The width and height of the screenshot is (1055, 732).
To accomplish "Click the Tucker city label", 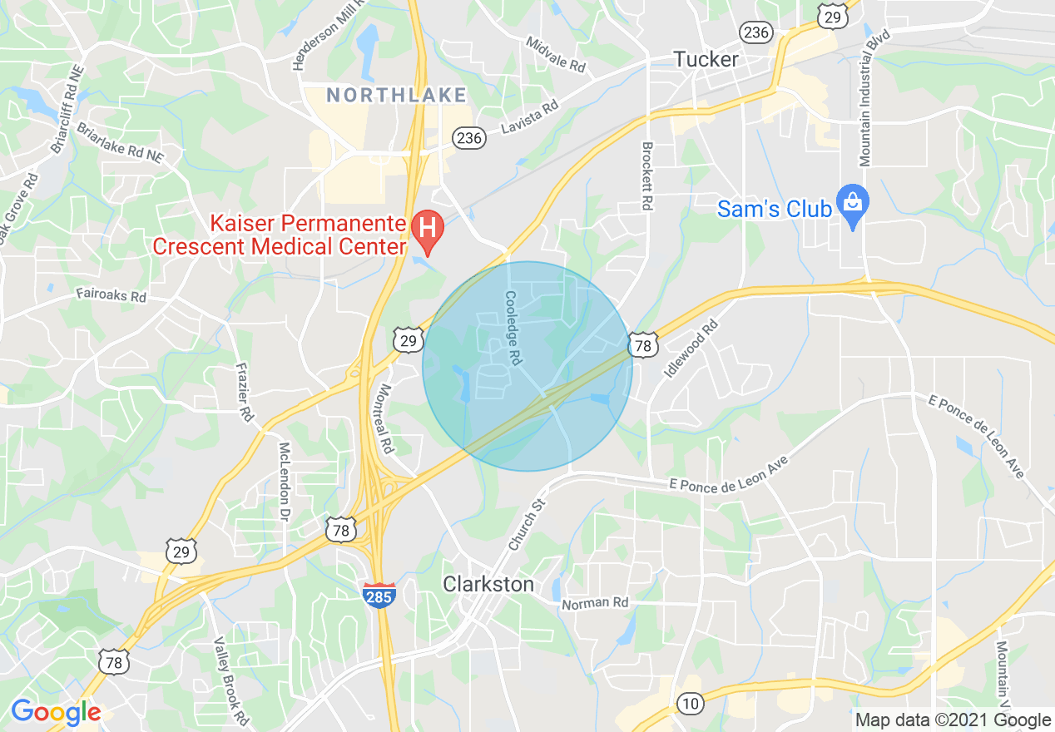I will tap(706, 60).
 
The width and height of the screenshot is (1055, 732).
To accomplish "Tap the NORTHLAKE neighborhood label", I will tap(397, 96).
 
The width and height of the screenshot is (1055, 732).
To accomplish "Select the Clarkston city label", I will tap(488, 584).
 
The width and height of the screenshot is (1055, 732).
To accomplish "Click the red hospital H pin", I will tap(428, 228).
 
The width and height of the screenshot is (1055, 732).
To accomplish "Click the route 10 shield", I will tap(689, 704).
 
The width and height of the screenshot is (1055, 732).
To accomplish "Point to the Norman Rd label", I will tap(595, 602).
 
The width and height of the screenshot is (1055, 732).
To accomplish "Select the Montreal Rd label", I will tap(384, 418).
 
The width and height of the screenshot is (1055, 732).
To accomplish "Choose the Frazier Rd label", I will tap(244, 392).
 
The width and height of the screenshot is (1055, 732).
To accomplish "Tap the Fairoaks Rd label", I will tap(111, 294).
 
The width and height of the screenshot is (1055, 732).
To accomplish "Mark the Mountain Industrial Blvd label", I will tap(874, 97).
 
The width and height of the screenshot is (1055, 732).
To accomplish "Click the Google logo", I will tap(55, 712).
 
